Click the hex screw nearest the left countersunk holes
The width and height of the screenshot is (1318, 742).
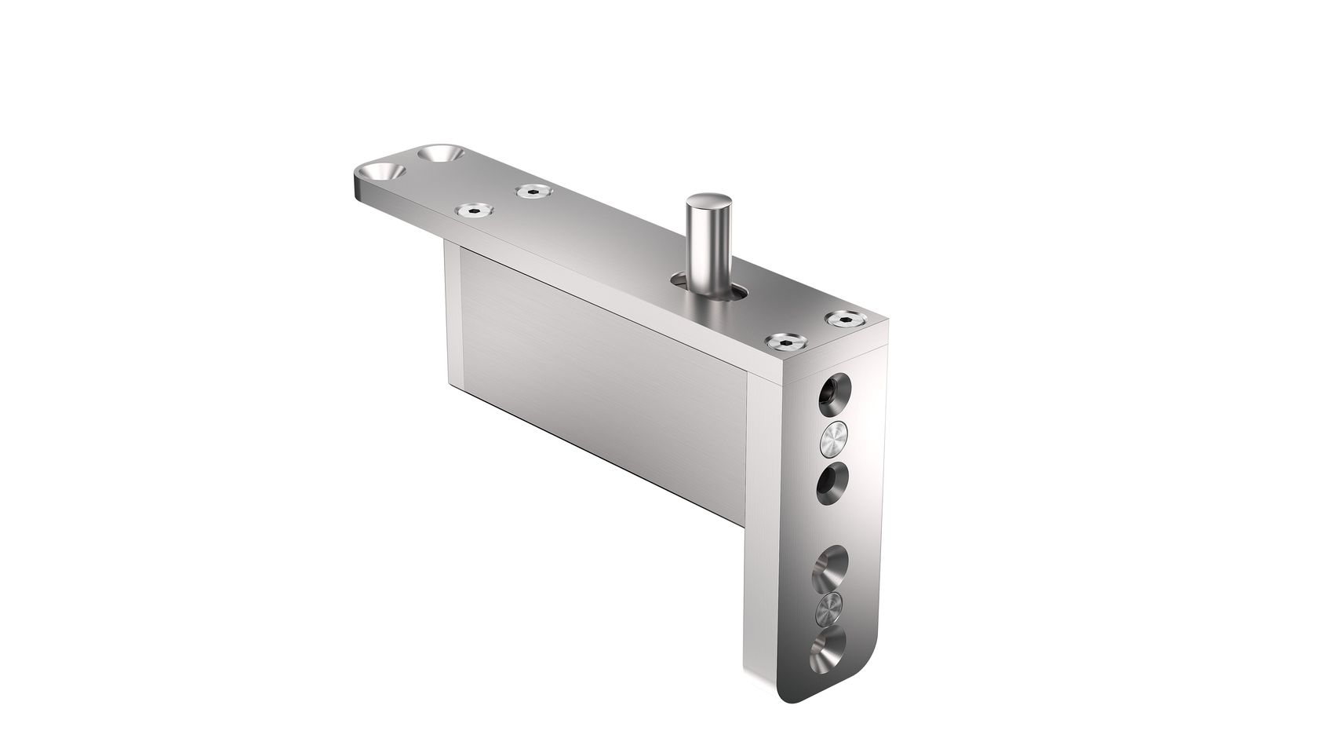[x=475, y=210]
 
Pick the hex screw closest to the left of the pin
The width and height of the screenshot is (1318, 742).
[x=533, y=191]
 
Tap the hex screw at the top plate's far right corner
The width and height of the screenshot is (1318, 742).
[x=844, y=318]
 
